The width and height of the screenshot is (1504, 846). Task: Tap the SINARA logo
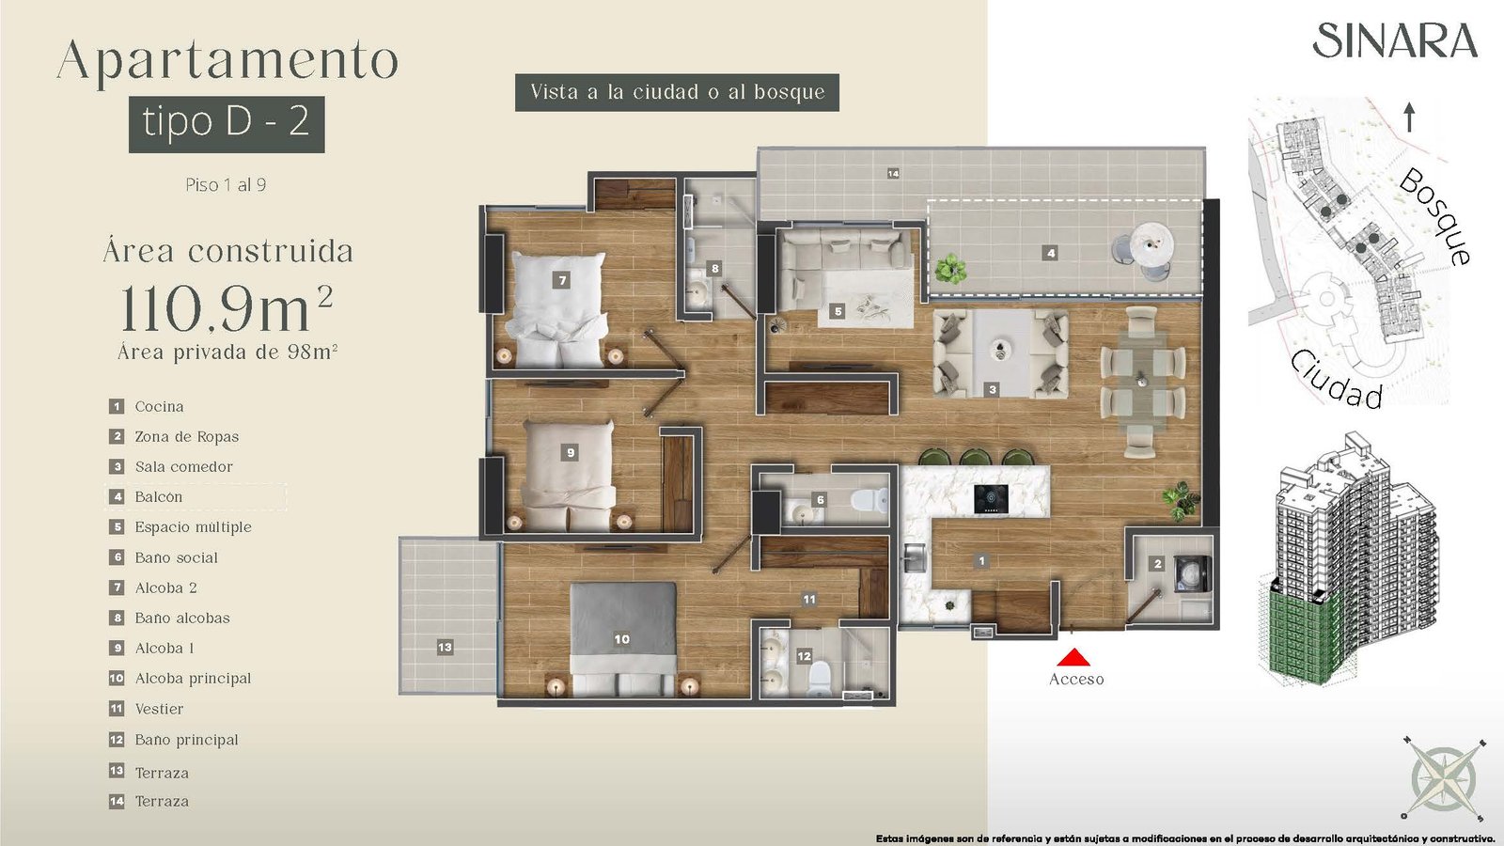pos(1395,40)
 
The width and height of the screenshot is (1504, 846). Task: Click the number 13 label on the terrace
pos(445,648)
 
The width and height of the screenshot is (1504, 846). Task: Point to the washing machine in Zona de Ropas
pos(1193,573)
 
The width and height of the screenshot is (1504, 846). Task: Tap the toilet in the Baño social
pos(869,501)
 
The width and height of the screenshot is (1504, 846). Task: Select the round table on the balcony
pos(1152,245)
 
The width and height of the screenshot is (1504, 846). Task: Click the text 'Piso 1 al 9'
pos(226,184)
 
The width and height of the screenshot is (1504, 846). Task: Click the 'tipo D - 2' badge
pos(227,124)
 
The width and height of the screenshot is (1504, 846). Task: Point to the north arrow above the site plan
pos(1409,117)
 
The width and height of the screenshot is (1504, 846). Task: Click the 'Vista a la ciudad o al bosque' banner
pos(677,92)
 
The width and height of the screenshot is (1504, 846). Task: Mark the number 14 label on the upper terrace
pos(893,173)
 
